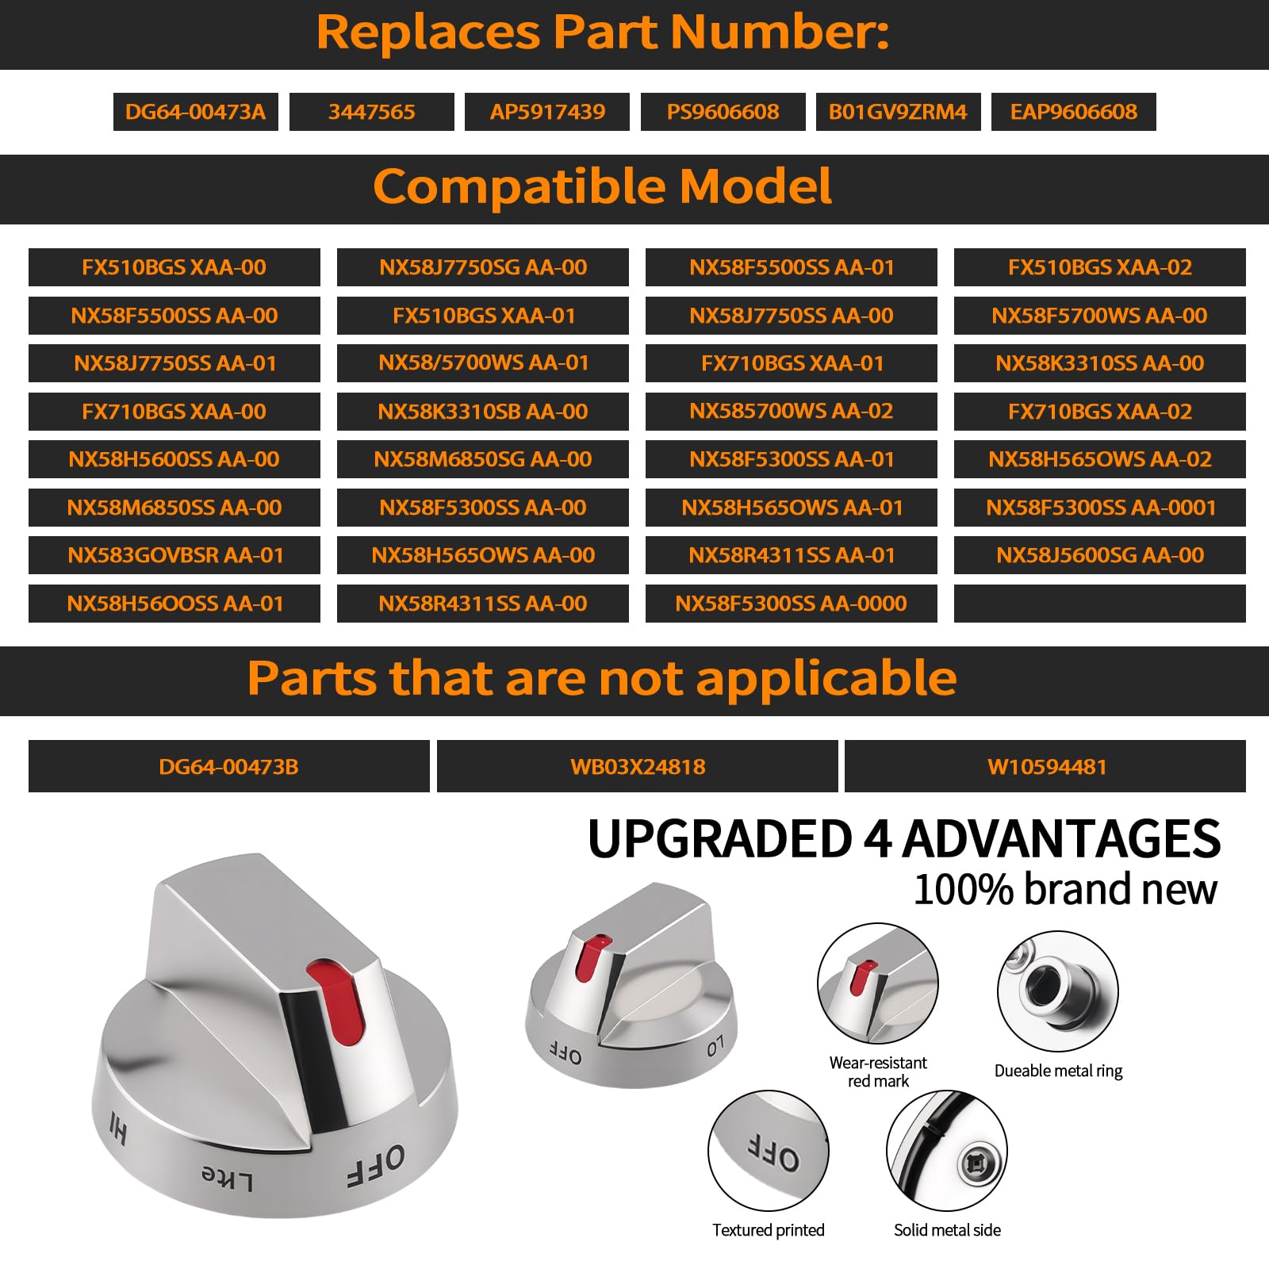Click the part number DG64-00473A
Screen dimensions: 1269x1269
click(x=195, y=112)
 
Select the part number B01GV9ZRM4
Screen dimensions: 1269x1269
click(x=898, y=112)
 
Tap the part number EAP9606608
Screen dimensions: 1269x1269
click(x=1073, y=112)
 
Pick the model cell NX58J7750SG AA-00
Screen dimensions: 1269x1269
click(x=482, y=267)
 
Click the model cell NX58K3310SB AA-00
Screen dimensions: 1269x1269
click(x=482, y=412)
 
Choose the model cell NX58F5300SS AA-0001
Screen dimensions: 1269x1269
click(x=1100, y=508)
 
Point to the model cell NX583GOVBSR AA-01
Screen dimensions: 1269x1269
click(x=174, y=555)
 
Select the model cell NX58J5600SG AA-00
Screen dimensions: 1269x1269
click(x=1100, y=555)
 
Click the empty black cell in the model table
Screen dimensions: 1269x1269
click(x=1100, y=604)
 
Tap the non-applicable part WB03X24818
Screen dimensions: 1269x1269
click(x=638, y=767)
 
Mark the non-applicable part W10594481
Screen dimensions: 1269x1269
click(x=1046, y=767)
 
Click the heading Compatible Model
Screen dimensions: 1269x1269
click(x=603, y=186)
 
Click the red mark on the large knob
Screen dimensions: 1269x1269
click(x=338, y=999)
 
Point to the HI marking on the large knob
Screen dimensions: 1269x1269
click(x=118, y=1128)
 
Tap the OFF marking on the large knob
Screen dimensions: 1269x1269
click(x=376, y=1165)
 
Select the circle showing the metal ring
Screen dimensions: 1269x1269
click(x=1057, y=991)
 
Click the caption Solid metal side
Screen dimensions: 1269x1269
click(x=947, y=1230)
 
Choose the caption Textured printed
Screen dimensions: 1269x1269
click(x=768, y=1230)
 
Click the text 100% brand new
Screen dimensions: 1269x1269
click(x=1065, y=889)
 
